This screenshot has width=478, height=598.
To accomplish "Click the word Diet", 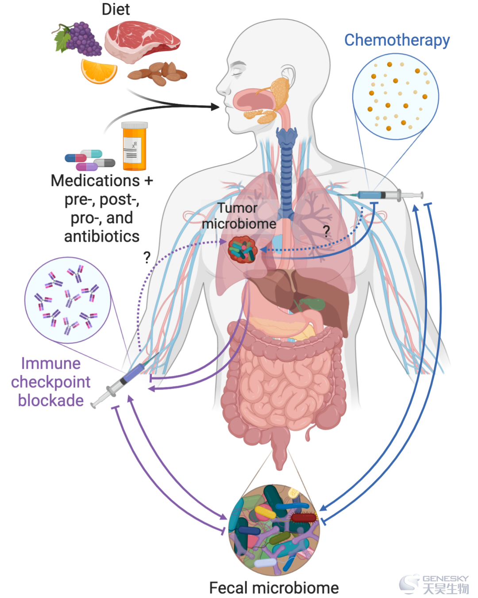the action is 116,9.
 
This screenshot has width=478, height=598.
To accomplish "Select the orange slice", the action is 99,71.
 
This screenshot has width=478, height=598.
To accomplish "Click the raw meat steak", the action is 142,42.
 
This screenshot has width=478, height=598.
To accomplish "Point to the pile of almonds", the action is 158,74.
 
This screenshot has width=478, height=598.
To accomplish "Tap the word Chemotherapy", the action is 397,41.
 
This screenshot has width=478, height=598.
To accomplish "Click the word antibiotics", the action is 102,237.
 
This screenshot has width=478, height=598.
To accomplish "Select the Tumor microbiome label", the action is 239,216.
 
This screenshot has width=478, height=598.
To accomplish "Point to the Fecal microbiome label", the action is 274,588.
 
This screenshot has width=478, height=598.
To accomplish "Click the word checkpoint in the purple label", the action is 51,382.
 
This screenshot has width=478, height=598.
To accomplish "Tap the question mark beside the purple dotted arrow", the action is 147,257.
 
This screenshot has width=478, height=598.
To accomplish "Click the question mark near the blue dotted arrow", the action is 326,231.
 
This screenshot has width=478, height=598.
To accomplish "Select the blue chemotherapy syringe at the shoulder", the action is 381,195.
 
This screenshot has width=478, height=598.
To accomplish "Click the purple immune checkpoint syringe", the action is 125,380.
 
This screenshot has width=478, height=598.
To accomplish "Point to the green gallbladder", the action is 312,303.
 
